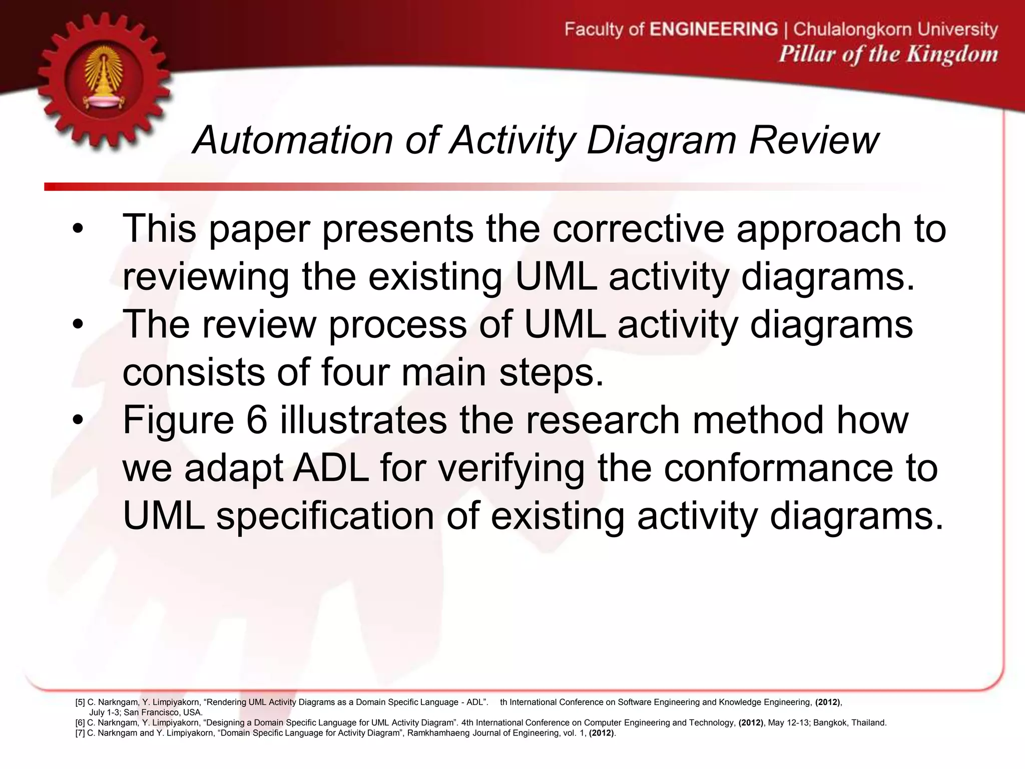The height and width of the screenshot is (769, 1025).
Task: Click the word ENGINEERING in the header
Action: (714, 29)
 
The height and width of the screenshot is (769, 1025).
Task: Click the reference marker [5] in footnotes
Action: (80, 702)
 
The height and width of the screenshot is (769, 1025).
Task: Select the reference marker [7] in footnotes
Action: (80, 733)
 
